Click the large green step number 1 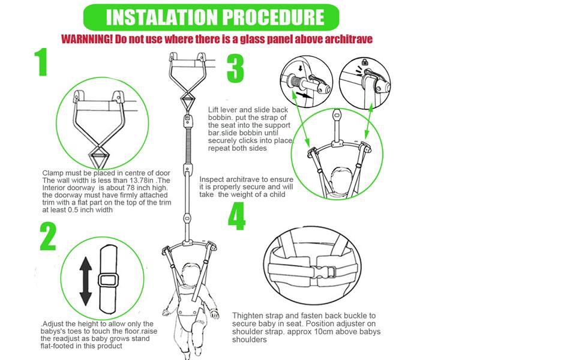42,62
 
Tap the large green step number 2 48,237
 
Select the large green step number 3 235,68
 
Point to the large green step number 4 236,217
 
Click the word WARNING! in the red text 87,39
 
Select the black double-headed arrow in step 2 86,281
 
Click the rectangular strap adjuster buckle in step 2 109,280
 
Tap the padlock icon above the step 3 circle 364,62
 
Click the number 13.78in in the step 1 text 141,181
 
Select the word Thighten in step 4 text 247,316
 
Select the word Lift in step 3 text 213,110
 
